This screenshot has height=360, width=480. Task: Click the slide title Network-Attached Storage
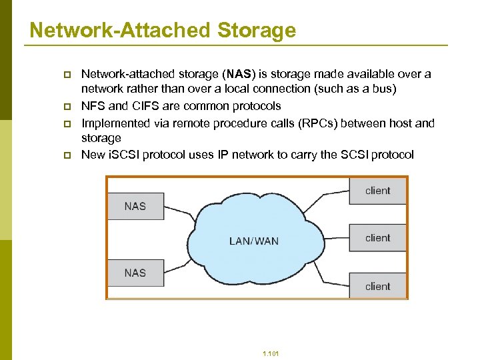(163, 30)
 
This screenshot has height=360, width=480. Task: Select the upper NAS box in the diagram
(135, 206)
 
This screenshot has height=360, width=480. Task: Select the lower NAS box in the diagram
(135, 273)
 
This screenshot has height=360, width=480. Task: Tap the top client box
(378, 191)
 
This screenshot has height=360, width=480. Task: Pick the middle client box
(378, 238)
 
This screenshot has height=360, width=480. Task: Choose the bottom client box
(378, 287)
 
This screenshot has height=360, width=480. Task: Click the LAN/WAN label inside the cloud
(254, 241)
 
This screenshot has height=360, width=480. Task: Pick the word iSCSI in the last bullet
(125, 155)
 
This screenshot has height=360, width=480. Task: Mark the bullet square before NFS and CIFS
(67, 107)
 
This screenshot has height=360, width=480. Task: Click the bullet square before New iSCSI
(67, 155)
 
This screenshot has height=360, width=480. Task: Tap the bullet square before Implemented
(67, 124)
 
